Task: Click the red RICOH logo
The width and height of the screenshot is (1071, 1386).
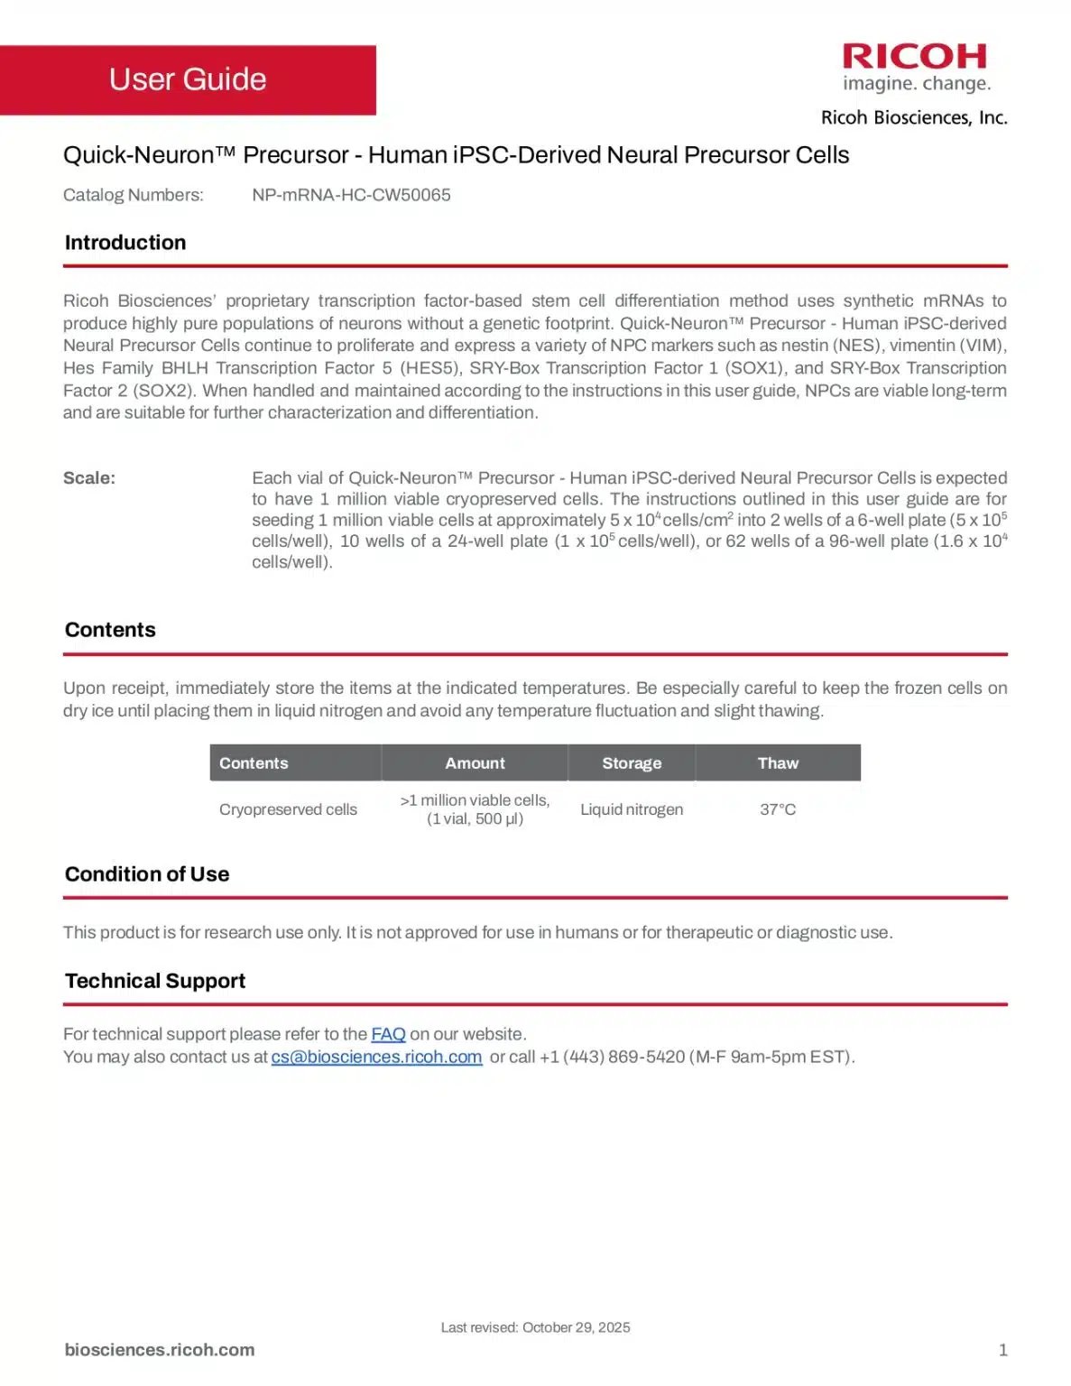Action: tap(915, 57)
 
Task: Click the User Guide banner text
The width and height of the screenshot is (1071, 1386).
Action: tap(188, 79)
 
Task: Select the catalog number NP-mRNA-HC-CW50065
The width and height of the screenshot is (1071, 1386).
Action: tap(351, 195)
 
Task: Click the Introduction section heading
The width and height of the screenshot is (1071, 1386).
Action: tap(125, 243)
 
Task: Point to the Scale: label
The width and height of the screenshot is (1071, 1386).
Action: tap(89, 478)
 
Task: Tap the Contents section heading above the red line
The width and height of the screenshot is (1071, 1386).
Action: tap(110, 630)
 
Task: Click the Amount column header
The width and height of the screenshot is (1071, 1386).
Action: tap(475, 763)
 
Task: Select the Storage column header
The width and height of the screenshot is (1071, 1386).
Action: tap(632, 763)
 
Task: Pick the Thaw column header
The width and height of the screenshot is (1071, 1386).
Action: tap(778, 763)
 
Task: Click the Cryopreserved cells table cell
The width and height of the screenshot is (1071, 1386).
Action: tap(288, 809)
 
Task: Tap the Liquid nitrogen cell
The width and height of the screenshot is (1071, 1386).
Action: tap(632, 809)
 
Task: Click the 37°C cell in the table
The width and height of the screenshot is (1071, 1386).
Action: tap(778, 809)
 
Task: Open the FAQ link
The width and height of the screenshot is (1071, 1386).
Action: tap(388, 1034)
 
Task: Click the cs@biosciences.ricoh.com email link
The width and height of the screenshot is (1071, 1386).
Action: tap(376, 1057)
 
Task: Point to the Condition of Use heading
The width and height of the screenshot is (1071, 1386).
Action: tap(147, 874)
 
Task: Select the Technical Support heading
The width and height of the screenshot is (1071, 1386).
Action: tap(155, 981)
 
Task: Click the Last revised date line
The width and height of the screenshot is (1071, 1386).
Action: tap(535, 1327)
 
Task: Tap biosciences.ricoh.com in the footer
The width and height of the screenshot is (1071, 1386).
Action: tap(160, 1350)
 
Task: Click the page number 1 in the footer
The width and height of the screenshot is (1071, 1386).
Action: tap(1002, 1350)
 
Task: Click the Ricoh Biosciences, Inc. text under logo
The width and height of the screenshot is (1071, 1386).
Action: tap(914, 118)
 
